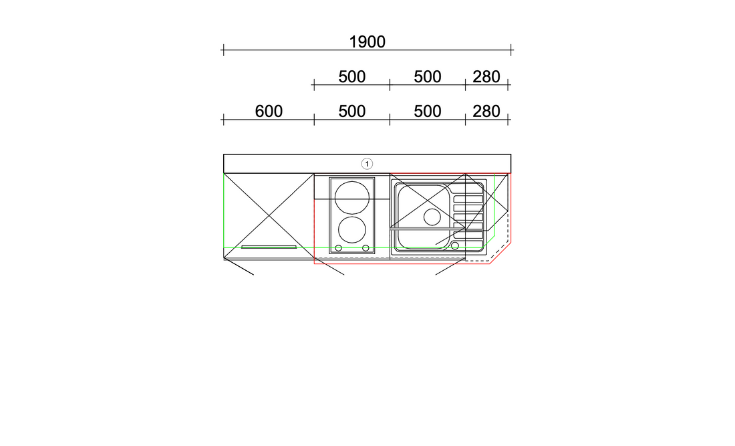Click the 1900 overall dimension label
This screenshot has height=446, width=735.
coord(367,41)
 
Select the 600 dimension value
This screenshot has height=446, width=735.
coord(269,111)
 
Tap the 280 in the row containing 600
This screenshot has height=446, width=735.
coord(486,111)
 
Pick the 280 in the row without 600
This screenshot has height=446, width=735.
coord(486,76)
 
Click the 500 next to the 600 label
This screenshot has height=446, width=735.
coord(352,111)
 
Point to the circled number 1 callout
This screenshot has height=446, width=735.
coord(367,164)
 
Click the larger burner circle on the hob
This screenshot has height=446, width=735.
coord(352,197)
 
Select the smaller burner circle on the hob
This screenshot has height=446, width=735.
coord(352,230)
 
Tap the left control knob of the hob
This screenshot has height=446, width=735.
coord(339,248)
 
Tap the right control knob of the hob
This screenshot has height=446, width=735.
coord(365,248)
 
